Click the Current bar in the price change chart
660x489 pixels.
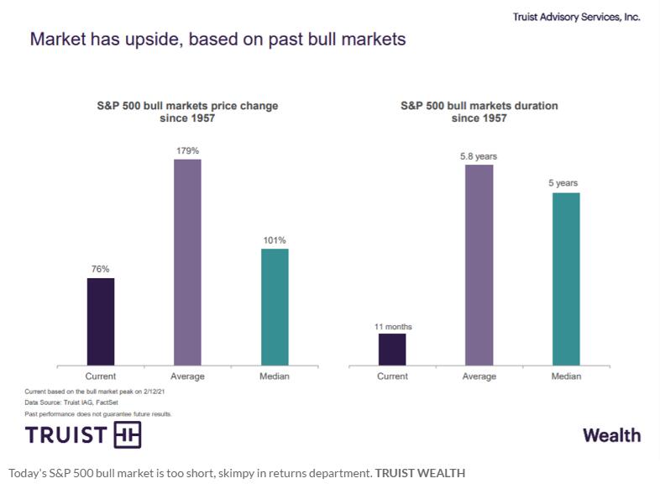pyautogui.click(x=101, y=322)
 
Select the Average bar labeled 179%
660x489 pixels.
pyautogui.click(x=187, y=262)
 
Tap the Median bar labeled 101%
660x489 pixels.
pyautogui.click(x=275, y=307)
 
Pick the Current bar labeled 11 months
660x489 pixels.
pyautogui.click(x=392, y=350)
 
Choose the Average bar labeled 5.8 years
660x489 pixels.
pyautogui.click(x=479, y=265)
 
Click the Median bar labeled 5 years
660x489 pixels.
pyautogui.click(x=566, y=279)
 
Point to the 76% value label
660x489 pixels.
pyautogui.click(x=101, y=270)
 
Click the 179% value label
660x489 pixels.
pyautogui.click(x=187, y=150)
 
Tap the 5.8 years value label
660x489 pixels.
pyautogui.click(x=479, y=156)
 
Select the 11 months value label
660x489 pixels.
pyautogui.click(x=392, y=326)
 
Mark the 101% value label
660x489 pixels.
pyautogui.click(x=275, y=240)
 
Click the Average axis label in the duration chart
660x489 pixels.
pyautogui.click(x=479, y=376)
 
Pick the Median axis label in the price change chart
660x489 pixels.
pyautogui.click(x=275, y=376)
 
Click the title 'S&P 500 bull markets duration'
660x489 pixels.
pyautogui.click(x=479, y=106)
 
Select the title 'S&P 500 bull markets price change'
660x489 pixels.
pyautogui.click(x=187, y=106)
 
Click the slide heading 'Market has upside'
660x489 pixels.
pyautogui.click(x=217, y=39)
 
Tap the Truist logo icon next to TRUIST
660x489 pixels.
pyautogui.click(x=127, y=434)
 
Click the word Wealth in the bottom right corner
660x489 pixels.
pyautogui.click(x=611, y=435)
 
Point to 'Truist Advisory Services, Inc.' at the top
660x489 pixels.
pyautogui.click(x=576, y=17)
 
